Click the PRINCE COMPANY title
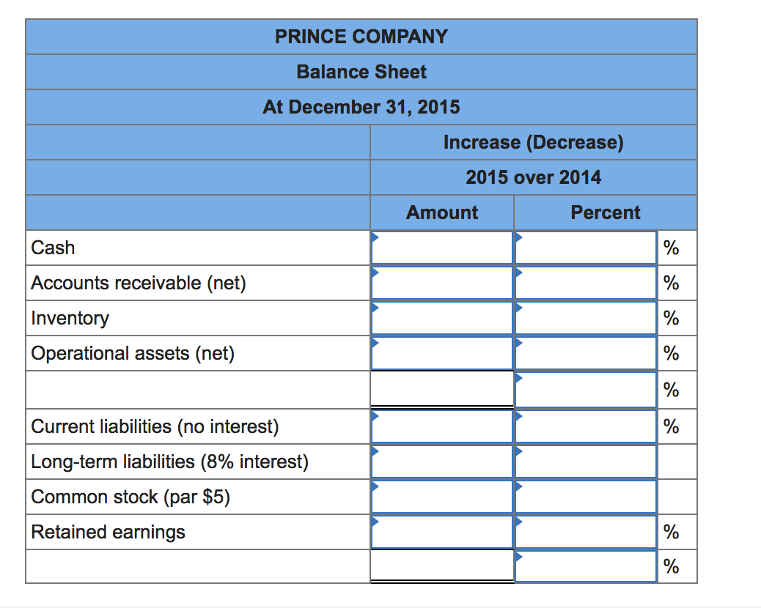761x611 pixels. [x=361, y=37]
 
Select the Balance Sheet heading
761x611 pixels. [x=361, y=72]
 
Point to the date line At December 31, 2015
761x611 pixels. [x=361, y=107]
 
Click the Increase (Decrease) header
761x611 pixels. [x=533, y=142]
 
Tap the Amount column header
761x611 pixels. [x=441, y=212]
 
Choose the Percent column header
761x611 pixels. [x=605, y=212]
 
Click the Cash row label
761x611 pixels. [x=53, y=248]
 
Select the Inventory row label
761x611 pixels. [x=70, y=318]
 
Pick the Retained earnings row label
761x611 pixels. [x=108, y=532]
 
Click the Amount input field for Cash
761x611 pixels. [x=441, y=248]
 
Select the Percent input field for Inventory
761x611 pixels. [x=585, y=318]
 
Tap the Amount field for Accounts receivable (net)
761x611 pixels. [x=441, y=283]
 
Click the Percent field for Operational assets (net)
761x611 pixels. [x=585, y=353]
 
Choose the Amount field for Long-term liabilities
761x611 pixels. [x=441, y=462]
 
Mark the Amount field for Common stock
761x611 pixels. [x=441, y=497]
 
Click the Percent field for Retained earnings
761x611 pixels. [x=585, y=532]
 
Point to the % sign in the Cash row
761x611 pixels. [x=671, y=248]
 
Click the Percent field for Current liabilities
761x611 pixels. [x=585, y=426]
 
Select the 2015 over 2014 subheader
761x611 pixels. [x=533, y=177]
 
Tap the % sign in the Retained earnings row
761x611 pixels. [x=671, y=533]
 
